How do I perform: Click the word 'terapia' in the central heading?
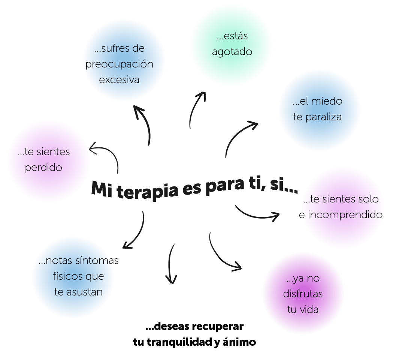coord(148,191)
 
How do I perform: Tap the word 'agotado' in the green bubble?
coord(232,52)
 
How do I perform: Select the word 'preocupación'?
coord(120,64)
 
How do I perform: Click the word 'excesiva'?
coord(119,80)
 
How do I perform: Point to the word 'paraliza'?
coord(323,117)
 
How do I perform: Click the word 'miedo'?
coord(327,101)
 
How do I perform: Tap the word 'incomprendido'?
coord(345,215)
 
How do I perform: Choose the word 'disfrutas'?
coord(303,294)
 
